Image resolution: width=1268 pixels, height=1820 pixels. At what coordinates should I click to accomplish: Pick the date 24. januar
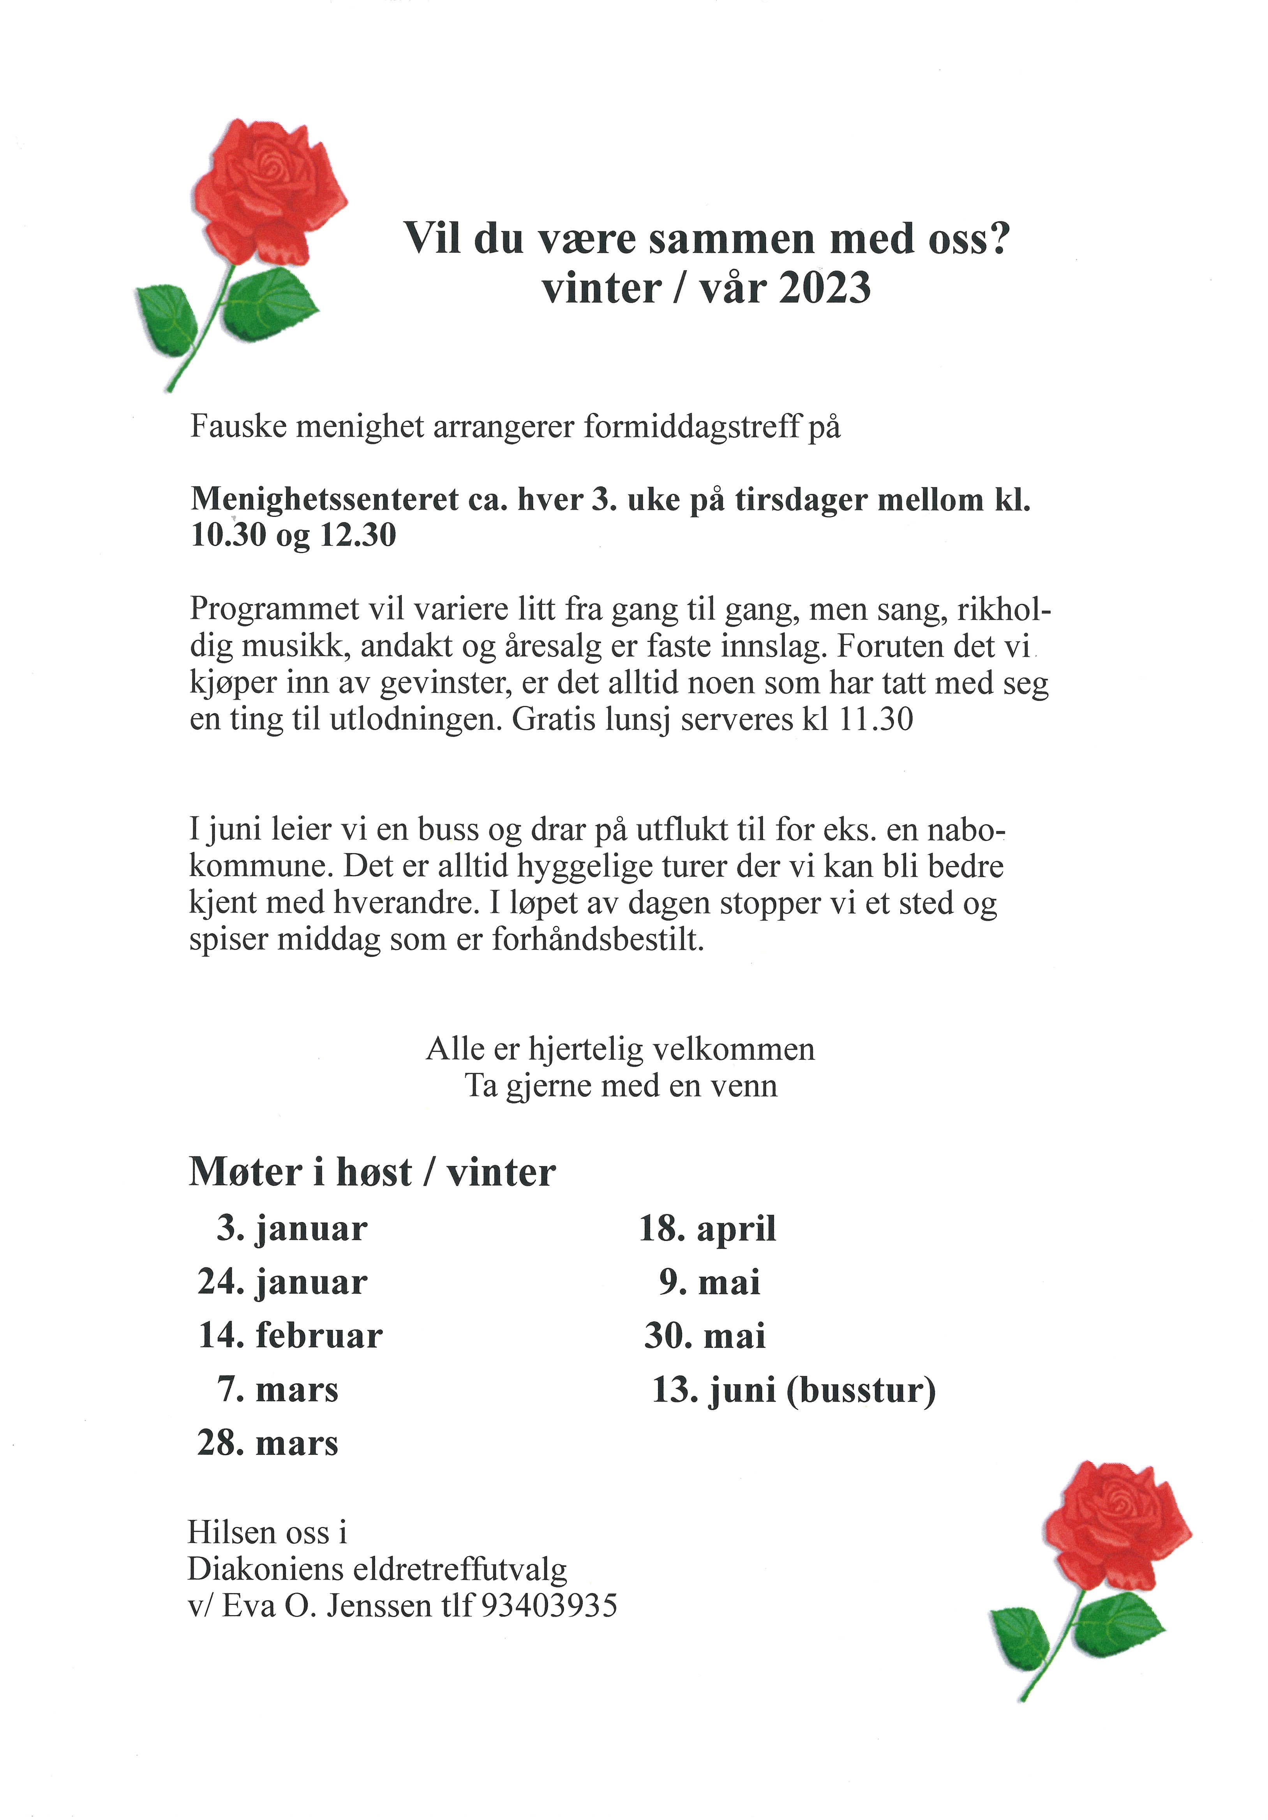[282, 1282]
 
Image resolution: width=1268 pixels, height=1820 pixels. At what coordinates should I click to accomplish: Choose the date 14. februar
[290, 1336]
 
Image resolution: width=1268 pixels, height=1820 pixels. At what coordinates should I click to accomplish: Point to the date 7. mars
[277, 1389]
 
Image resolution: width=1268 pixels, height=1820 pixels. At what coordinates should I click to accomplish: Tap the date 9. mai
[709, 1282]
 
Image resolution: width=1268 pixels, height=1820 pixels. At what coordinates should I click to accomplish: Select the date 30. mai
[705, 1336]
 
